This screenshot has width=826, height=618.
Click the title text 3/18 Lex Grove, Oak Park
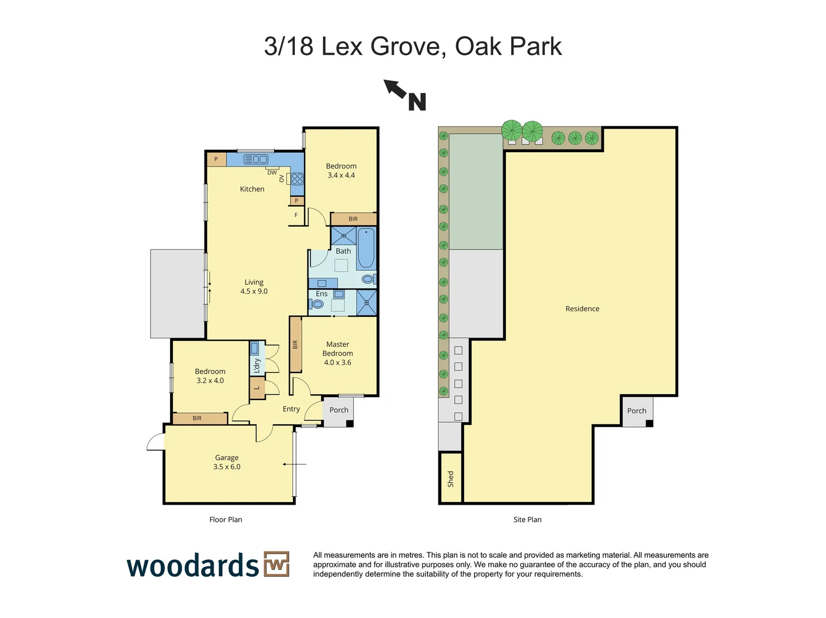point(413,46)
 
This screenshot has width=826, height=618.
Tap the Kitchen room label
point(252,189)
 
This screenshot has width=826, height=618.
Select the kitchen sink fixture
point(256,160)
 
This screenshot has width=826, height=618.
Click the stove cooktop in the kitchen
point(297,179)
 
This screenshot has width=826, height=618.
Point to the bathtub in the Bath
point(366,248)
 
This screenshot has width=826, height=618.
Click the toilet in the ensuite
point(317,304)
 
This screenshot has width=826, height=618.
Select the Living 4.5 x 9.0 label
point(254,287)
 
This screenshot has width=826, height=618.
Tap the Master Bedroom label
point(337,353)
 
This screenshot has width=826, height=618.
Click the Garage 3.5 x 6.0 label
point(227,462)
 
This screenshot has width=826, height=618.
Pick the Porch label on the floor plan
point(339,410)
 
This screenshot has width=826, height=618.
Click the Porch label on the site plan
point(637,411)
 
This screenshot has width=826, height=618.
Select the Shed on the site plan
point(450,478)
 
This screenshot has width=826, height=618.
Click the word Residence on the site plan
point(582,308)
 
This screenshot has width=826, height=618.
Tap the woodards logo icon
point(276,564)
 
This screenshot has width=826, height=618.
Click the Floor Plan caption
point(226,520)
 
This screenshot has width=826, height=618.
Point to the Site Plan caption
point(527,520)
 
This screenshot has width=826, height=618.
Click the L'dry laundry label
point(257,365)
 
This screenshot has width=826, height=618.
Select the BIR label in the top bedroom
point(353,219)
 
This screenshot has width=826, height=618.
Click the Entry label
point(291,409)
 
